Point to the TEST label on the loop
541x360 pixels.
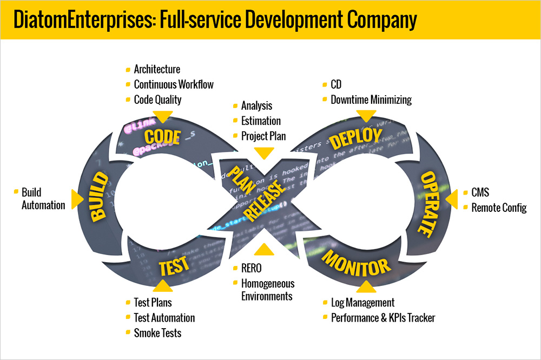(174, 265)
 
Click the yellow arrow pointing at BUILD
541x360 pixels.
(78, 199)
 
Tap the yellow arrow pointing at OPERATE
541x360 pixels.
(452, 200)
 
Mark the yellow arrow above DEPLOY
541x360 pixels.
(366, 116)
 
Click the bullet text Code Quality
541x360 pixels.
(157, 99)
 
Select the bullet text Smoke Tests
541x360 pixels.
(157, 333)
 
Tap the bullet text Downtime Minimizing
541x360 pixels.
(371, 99)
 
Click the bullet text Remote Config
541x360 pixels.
(499, 208)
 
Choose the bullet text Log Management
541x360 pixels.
(362, 303)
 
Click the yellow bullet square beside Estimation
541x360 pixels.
(235, 121)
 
